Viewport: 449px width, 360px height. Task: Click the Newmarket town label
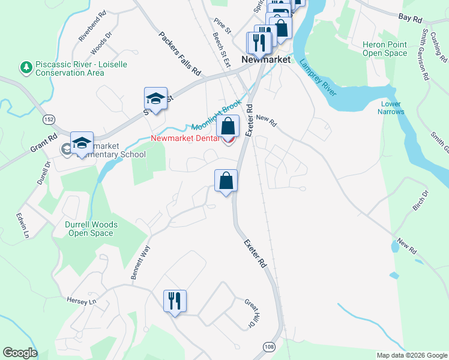coord(265,60)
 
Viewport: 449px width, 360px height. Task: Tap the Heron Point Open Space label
coord(385,49)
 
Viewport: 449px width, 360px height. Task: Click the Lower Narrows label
coord(391,108)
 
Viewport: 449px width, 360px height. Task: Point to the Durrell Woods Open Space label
coord(91,229)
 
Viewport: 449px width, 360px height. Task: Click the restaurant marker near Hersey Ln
coord(175,301)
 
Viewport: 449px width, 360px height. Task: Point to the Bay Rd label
coord(411,19)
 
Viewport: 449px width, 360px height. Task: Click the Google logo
coord(20,353)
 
